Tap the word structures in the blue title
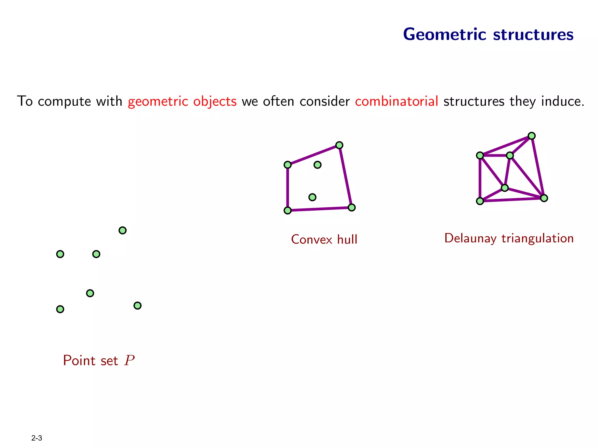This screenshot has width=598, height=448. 533,34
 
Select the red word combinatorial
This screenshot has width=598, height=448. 396,101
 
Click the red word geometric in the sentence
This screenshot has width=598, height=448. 158,101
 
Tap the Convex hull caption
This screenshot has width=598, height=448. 324,239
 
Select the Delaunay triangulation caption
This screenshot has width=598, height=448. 509,238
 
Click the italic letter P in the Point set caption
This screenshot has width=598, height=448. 129,360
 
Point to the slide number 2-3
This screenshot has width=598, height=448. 37,438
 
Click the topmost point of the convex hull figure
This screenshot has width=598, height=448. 339,145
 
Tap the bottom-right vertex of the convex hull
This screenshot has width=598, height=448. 352,207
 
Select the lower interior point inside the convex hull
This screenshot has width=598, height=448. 312,197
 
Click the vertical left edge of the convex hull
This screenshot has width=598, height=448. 288,188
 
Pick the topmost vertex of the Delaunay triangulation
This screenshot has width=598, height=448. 532,136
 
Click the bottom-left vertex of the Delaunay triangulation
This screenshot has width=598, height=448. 480,201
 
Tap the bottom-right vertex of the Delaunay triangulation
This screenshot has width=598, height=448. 544,198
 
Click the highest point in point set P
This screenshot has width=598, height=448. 123,230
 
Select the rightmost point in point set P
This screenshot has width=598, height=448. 137,305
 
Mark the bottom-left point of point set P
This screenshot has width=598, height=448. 60,309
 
